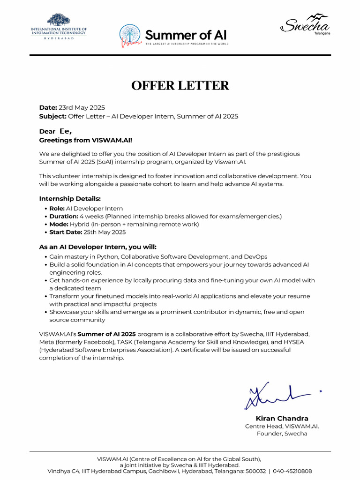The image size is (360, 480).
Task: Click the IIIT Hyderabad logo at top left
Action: coord(59,27)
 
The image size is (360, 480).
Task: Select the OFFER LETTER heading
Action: coord(180,85)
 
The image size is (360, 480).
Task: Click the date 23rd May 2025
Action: coord(82,107)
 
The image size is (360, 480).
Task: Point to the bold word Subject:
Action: coord(52,116)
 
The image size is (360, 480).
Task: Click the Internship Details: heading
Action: coord(70,199)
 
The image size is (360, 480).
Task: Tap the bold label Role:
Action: coord(57,209)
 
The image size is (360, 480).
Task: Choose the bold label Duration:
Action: coord(64,217)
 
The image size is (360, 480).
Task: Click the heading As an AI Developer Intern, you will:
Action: coord(97,247)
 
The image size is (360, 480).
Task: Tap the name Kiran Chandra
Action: coord(282,418)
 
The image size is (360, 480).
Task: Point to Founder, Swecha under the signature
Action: coord(282,434)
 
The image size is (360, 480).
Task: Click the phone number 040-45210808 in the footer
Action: coord(292,471)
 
